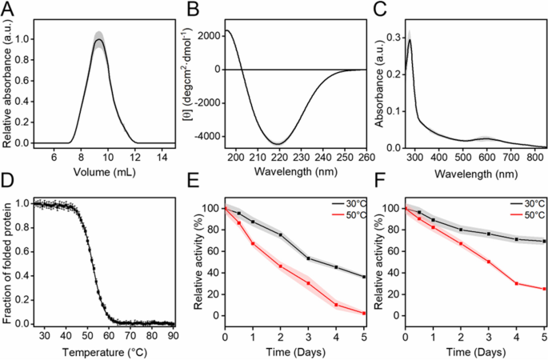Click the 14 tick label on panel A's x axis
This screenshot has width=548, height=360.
click(x=159, y=158)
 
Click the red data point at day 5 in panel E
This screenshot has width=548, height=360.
click(x=364, y=313)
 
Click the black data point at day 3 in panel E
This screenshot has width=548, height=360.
click(x=308, y=258)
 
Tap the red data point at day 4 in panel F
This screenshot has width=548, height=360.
click(x=518, y=283)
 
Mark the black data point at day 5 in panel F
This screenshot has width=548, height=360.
click(x=545, y=242)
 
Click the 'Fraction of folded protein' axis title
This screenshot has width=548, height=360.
click(x=8, y=263)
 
